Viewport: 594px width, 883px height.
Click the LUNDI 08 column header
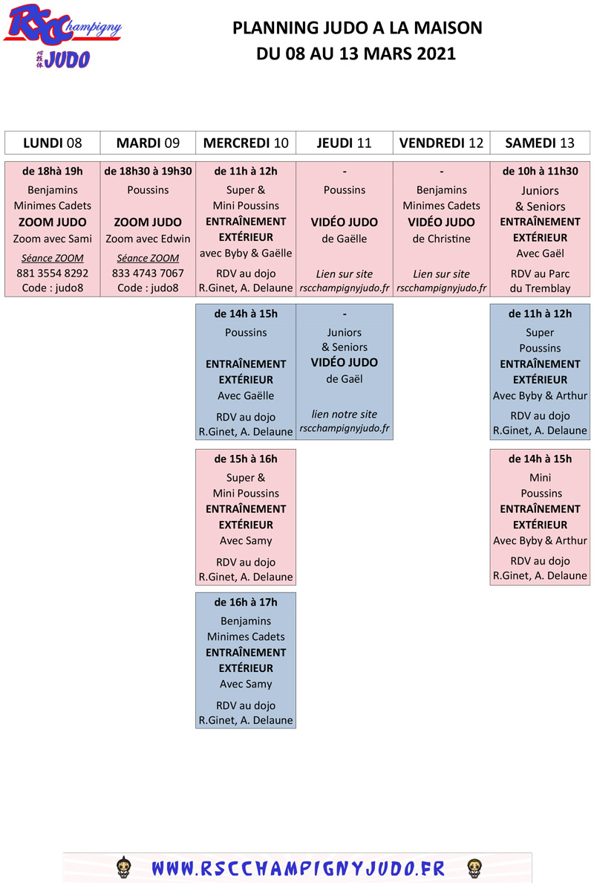52,143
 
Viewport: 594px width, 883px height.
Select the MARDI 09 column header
148,143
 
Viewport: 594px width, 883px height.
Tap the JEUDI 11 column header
345,143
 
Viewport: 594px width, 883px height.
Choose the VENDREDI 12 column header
442,143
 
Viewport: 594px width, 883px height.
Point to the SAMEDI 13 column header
540,143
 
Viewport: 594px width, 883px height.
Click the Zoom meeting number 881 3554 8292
52,273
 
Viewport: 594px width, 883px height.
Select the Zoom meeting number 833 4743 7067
148,273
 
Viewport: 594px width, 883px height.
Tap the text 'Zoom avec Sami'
52,239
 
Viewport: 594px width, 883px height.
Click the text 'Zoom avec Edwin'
148,239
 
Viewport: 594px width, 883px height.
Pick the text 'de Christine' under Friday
442,239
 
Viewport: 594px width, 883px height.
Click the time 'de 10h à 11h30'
540,171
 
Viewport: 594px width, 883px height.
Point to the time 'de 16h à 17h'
246,602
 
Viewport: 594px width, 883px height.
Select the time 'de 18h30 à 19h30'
148,171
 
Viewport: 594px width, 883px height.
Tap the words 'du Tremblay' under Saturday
540,288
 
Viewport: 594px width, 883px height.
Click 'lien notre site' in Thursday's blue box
345,414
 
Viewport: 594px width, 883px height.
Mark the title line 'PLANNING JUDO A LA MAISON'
357,28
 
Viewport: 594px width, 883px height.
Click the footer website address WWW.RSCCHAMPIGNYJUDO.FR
298,868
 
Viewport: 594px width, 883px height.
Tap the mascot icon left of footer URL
124,868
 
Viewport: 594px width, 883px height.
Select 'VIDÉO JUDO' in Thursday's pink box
345,222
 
